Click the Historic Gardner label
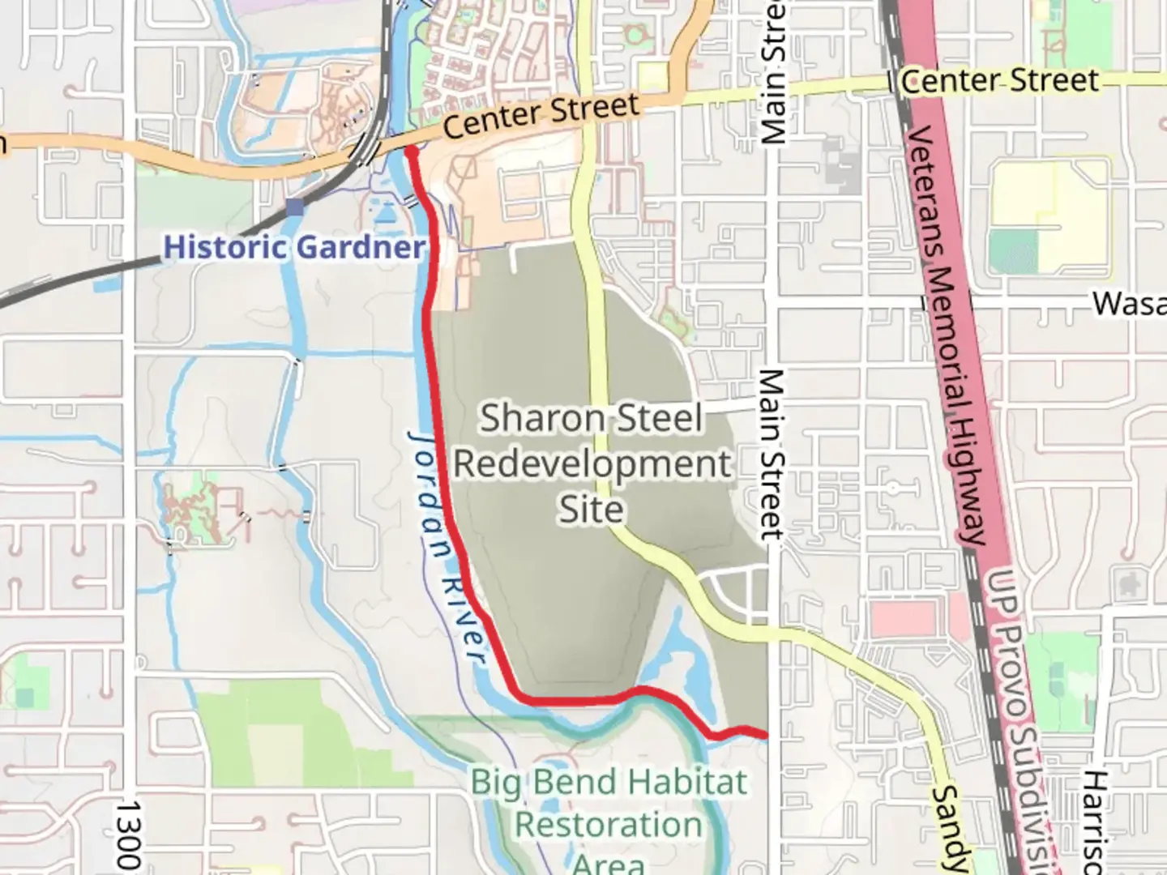(294, 247)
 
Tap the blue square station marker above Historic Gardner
(295, 207)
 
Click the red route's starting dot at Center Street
(411, 151)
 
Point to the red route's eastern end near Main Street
(763, 735)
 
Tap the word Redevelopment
(592, 465)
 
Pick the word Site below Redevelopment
(592, 510)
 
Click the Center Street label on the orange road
(541, 116)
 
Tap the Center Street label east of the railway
(1000, 81)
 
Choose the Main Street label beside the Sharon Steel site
(772, 454)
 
